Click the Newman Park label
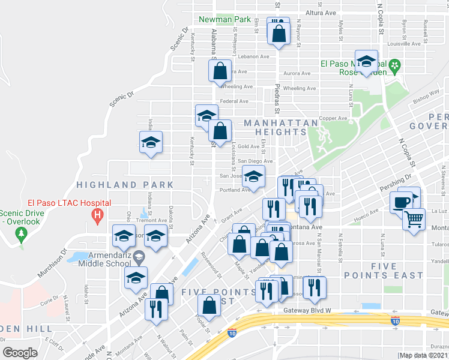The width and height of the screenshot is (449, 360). pos(224,19)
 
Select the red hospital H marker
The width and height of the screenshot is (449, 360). pos(96,214)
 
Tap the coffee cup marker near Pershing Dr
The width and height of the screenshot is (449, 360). pos(402,202)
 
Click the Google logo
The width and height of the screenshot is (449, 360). pos(20,352)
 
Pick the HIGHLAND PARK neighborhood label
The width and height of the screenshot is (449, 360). pos(125,185)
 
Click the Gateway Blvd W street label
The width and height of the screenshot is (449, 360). pos(307,311)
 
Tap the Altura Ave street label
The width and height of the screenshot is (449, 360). pos(321,13)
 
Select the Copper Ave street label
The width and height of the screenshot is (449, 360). pos(333,118)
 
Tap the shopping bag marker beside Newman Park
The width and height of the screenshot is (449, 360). pos(279,35)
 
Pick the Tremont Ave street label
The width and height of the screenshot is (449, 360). pos(151,220)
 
